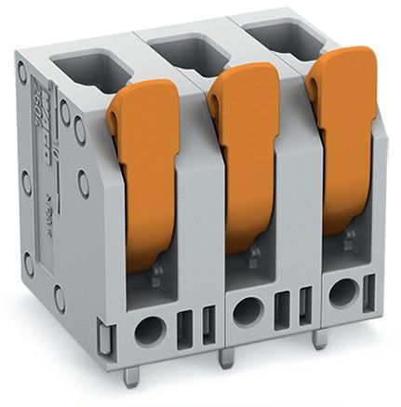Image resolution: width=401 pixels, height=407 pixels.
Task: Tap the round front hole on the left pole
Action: pos(149,327)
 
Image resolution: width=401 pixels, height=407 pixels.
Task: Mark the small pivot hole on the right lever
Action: pos(315,86)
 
